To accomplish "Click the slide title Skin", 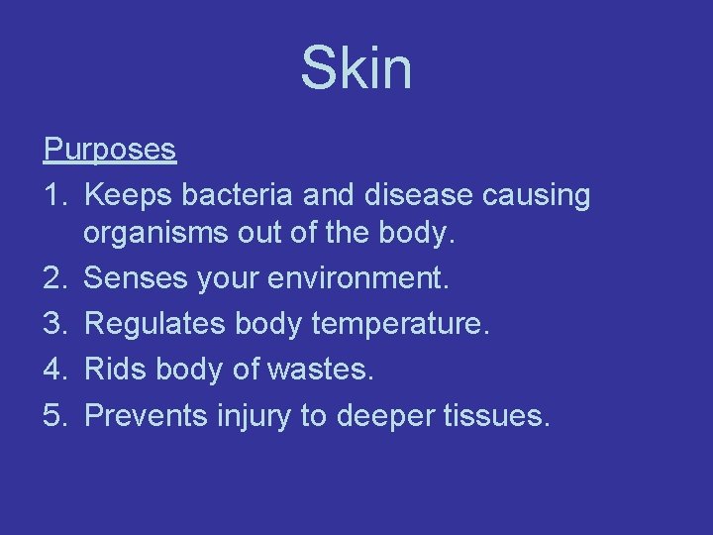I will tap(356, 69).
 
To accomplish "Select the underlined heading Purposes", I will tap(110, 151).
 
